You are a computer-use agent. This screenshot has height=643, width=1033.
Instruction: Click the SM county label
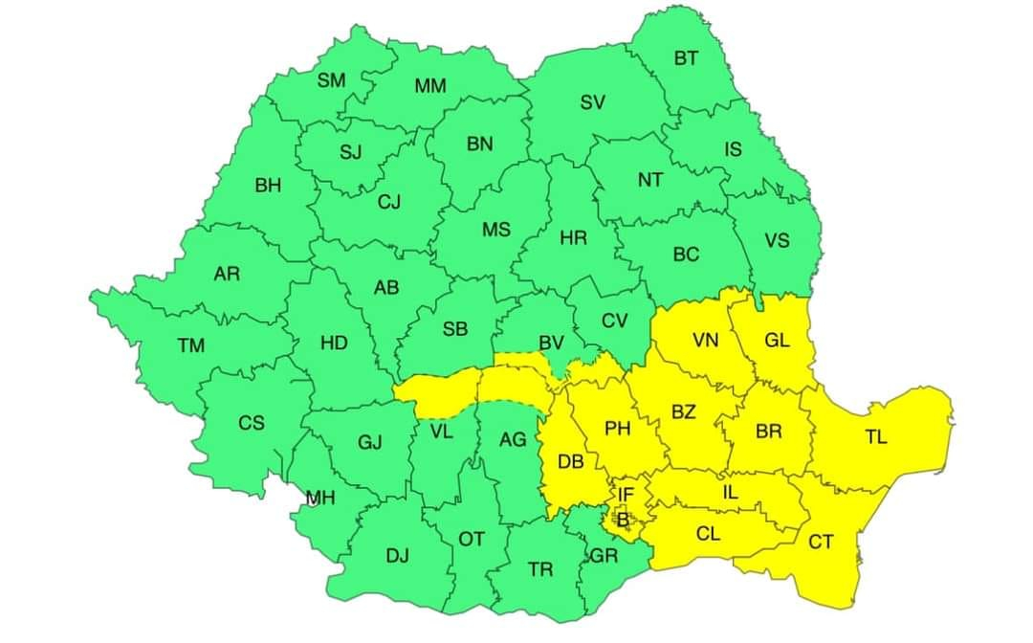(332, 80)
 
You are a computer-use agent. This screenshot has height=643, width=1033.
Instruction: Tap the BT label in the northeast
(686, 58)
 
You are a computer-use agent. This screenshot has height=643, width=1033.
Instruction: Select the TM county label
(190, 345)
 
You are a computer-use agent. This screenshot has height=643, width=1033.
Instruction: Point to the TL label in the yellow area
(876, 437)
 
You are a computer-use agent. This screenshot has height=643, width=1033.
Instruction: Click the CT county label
(821, 543)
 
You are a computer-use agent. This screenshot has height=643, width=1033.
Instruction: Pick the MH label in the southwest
(320, 498)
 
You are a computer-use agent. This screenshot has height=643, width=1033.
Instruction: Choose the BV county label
(551, 343)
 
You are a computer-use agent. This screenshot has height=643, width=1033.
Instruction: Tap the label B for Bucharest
(623, 521)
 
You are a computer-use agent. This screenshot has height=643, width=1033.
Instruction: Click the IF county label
(626, 495)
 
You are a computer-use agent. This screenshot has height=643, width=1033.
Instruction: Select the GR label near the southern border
(604, 555)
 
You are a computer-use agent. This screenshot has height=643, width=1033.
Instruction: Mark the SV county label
(592, 102)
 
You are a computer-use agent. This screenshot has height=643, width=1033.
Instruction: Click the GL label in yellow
(778, 340)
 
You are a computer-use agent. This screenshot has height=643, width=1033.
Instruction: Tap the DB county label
(571, 462)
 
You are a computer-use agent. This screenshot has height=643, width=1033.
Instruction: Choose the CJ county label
(388, 202)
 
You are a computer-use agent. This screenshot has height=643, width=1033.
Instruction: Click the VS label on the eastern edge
(777, 240)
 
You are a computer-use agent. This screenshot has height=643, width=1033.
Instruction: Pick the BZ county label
(683, 412)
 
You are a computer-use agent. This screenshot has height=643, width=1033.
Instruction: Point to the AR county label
(227, 275)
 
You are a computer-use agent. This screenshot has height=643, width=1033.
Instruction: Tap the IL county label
(731, 493)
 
